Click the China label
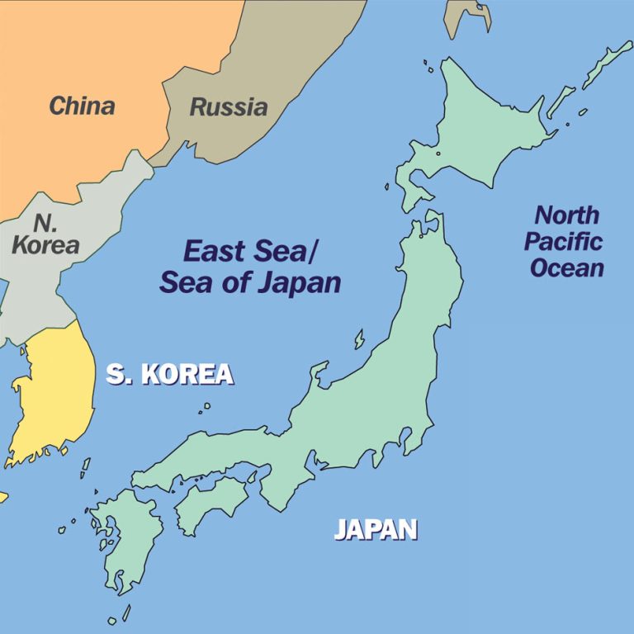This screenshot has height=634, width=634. point(82,106)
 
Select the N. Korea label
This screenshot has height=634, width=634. point(45,234)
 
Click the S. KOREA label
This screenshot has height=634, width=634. point(169,374)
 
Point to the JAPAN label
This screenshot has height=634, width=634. point(376,528)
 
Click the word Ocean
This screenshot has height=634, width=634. point(566,268)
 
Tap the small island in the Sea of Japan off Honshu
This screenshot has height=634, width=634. point(360,339)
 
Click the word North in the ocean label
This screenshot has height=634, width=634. point(566,215)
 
